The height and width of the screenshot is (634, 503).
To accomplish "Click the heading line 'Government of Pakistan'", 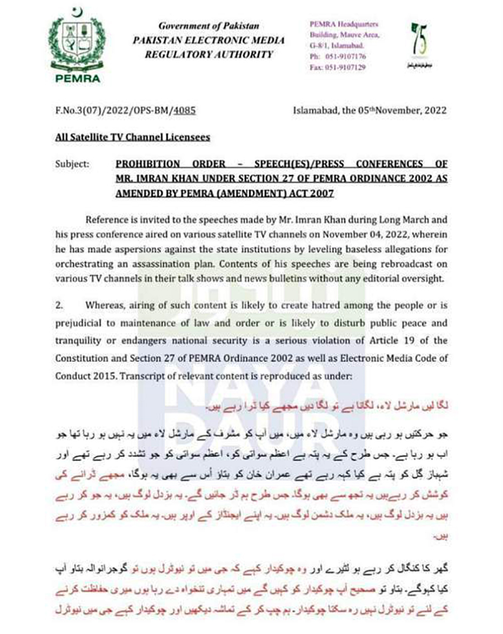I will tap(208, 27).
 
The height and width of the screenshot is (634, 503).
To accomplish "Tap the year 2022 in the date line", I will tap(431, 111).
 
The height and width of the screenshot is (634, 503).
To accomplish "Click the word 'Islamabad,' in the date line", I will tap(315, 111).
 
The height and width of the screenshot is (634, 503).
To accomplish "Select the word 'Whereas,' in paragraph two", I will tap(105, 305).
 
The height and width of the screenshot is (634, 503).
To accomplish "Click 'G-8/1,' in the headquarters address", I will tap(320, 45).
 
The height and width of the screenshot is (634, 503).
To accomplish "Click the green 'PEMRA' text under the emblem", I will tap(78, 78).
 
